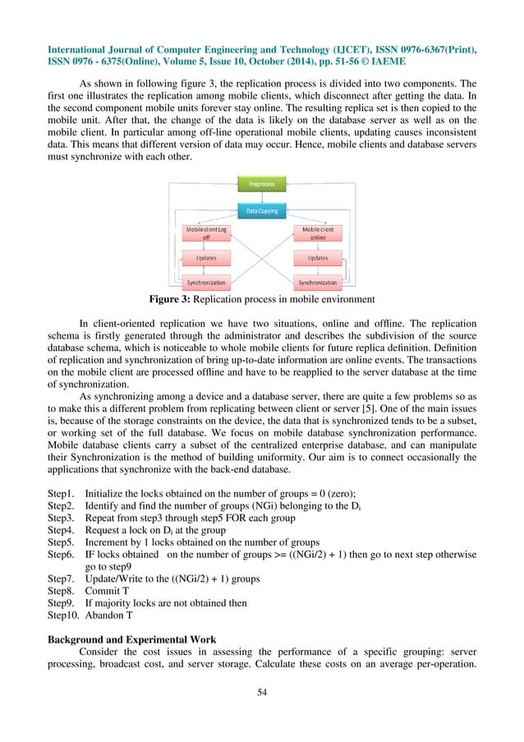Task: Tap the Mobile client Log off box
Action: [206, 233]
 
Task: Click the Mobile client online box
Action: [316, 233]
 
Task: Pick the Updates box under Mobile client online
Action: [316, 258]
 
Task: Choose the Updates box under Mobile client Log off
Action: [206, 258]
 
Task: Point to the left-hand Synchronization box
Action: [206, 282]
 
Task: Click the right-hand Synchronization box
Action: [317, 282]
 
